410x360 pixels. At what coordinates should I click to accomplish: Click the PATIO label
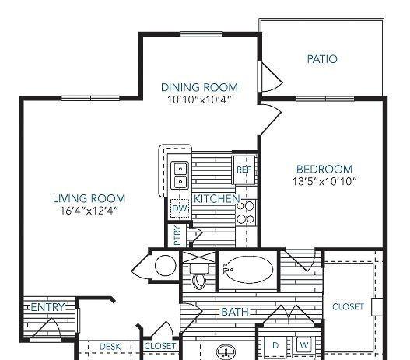[x=322, y=59]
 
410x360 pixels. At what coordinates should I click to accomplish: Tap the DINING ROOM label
[x=199, y=87]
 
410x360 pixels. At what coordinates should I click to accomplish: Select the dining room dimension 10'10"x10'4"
[x=199, y=100]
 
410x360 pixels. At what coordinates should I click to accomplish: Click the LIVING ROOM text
[x=89, y=198]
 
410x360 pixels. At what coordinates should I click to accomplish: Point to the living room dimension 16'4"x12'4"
[x=89, y=211]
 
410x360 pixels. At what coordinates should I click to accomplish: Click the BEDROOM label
[x=324, y=170]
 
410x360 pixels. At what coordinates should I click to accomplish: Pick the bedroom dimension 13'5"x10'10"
[x=324, y=181]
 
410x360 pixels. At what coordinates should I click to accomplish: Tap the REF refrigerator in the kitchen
[x=244, y=170]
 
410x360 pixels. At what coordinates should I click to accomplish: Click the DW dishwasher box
[x=180, y=208]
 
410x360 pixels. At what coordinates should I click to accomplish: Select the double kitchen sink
[x=180, y=175]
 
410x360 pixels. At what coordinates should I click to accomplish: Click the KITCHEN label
[x=217, y=199]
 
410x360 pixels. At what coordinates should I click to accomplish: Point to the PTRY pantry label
[x=177, y=236]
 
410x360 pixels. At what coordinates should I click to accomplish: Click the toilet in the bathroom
[x=199, y=276]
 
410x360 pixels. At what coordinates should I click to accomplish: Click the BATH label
[x=235, y=312]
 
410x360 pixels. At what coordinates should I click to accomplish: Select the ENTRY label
[x=47, y=307]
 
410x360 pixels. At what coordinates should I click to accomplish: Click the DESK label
[x=110, y=347]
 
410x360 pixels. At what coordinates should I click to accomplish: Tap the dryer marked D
[x=275, y=346]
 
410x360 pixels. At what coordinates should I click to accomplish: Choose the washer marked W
[x=304, y=345]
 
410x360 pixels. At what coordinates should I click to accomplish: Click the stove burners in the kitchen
[x=246, y=212]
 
